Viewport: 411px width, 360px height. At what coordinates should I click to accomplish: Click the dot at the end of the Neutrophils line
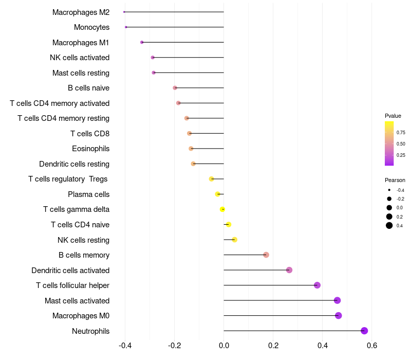click(x=364, y=331)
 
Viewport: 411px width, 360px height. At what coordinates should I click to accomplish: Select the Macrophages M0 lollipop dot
click(x=338, y=315)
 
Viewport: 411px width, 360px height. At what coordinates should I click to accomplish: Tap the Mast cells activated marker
click(x=337, y=300)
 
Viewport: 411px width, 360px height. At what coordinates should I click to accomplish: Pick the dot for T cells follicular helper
click(x=317, y=285)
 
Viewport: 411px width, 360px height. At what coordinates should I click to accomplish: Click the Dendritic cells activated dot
click(x=289, y=270)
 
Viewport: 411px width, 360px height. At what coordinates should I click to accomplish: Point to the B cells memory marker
click(x=266, y=255)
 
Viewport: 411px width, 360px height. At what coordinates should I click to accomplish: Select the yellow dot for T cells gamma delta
click(x=222, y=209)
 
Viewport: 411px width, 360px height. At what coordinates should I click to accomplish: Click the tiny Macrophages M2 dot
click(x=124, y=12)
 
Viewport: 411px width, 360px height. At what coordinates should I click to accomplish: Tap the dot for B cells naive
click(x=175, y=88)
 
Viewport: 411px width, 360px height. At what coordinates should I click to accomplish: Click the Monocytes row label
click(x=91, y=27)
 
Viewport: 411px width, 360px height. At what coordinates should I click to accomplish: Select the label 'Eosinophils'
click(x=90, y=149)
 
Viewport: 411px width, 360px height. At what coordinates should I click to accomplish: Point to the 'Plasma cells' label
click(x=88, y=194)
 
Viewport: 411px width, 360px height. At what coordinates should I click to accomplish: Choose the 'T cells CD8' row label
click(x=90, y=134)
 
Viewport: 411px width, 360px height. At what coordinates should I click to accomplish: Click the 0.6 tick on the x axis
click(x=372, y=345)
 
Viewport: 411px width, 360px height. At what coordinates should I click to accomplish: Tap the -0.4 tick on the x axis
click(x=125, y=345)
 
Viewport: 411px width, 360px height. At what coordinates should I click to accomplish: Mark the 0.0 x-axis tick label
click(x=223, y=345)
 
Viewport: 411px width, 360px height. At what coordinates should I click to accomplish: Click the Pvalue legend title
click(x=393, y=116)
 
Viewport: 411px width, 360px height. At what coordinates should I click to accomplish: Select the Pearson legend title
click(x=395, y=180)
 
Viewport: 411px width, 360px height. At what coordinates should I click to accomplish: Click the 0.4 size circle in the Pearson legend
click(x=389, y=225)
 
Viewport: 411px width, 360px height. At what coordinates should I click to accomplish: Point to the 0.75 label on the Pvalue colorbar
click(x=401, y=132)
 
